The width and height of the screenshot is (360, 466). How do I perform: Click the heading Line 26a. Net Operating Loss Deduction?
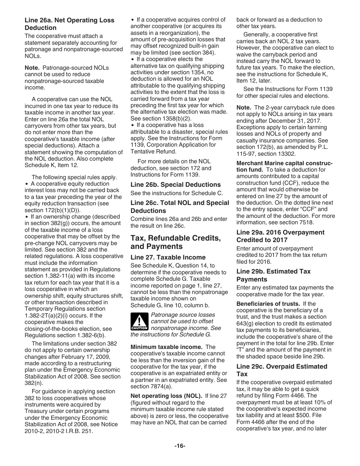69,24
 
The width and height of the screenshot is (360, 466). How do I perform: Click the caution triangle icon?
139,322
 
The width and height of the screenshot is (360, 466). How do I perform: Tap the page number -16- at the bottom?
180,446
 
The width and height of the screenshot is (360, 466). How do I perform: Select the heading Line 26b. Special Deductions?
175,185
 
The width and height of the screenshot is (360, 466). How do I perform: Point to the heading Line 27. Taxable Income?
168,257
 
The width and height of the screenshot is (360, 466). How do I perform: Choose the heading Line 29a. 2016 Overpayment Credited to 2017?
280,236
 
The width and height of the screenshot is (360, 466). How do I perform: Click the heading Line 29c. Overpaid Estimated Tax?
282,370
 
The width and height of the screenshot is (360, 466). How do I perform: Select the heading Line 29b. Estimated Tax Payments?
273,275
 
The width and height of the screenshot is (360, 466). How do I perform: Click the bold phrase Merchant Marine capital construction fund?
285,166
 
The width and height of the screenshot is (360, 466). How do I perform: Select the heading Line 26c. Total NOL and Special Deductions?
180,206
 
